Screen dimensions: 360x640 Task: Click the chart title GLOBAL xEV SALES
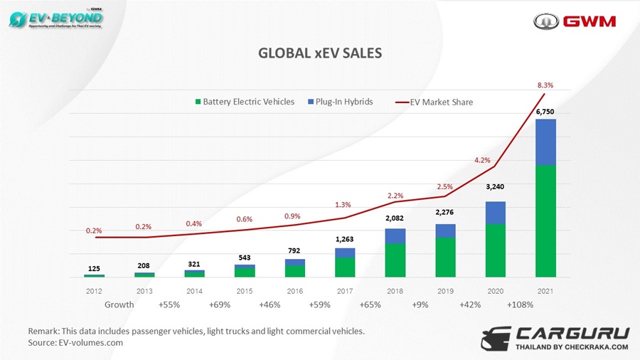coord(319,53)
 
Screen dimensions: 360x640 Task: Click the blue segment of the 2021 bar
coord(545,142)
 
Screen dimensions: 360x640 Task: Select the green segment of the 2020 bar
coord(495,250)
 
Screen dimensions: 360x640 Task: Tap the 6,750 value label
coord(545,112)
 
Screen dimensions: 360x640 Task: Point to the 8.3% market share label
coord(545,85)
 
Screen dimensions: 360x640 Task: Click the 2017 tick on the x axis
coord(345,291)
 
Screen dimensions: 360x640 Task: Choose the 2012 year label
coord(94,291)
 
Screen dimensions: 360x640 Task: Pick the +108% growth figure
coord(520,305)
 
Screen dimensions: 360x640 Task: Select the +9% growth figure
coord(420,305)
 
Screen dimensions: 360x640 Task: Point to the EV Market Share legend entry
coord(435,102)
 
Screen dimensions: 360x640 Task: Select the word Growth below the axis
coord(119,305)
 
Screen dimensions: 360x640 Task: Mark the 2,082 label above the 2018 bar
coord(395,219)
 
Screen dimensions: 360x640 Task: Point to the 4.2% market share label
coord(482,161)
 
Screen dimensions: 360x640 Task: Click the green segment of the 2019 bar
coord(445,257)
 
